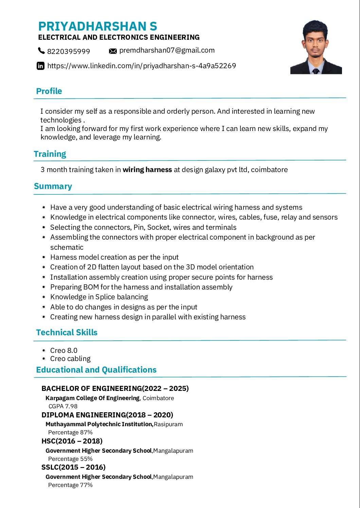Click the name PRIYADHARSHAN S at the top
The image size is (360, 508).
point(97,26)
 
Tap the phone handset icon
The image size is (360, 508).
point(41,51)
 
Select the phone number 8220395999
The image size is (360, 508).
point(69,51)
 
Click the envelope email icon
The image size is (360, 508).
point(113,51)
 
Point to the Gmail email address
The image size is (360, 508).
point(167,50)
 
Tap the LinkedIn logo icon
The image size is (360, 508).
point(40,66)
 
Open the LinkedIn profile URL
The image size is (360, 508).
point(141,66)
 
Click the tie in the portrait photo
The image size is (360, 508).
point(316,71)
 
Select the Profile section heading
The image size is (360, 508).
point(49,91)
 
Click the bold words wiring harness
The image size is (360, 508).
point(147,170)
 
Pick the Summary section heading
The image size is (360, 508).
point(53,186)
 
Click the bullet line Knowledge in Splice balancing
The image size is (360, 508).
point(99,297)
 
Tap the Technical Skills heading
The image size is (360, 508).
point(67,333)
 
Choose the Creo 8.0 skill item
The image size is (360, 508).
point(64,351)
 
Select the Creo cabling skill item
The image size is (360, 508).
point(70,359)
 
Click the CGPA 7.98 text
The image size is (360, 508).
point(63,406)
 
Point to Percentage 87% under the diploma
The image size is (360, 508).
point(70,432)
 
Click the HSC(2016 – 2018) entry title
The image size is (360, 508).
point(72,441)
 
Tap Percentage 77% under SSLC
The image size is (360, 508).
point(70,485)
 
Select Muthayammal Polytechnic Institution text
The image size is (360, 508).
point(99,424)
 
